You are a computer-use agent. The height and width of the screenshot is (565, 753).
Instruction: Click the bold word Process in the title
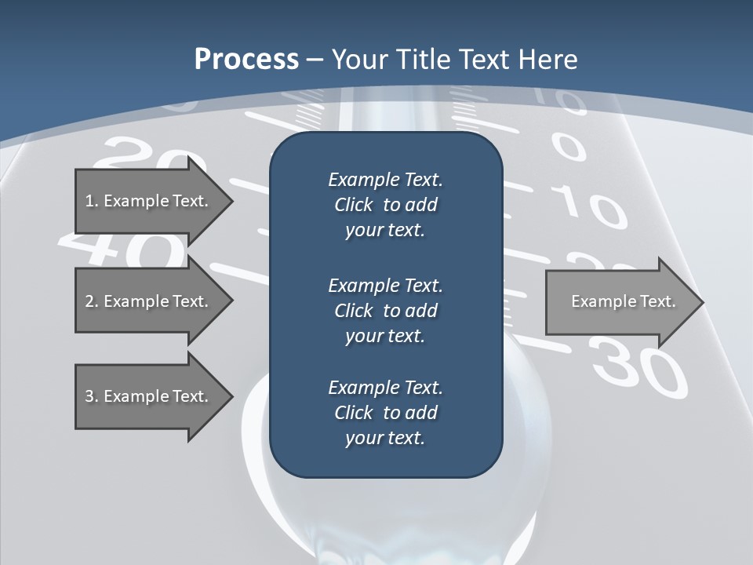tap(246, 60)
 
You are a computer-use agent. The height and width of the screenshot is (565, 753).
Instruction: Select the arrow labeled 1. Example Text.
tap(149, 201)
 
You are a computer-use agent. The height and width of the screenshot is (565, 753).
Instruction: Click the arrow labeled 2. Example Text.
tap(149, 301)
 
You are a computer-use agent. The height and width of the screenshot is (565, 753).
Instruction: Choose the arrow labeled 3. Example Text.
tap(149, 396)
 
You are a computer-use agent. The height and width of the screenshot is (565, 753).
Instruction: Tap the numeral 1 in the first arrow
tap(89, 201)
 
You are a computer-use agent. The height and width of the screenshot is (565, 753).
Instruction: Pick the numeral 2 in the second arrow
tap(89, 301)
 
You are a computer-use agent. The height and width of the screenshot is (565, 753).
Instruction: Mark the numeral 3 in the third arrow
tap(89, 396)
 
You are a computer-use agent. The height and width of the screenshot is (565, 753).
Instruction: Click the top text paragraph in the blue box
tap(385, 205)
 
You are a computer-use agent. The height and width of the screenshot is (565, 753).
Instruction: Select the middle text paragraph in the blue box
tap(385, 310)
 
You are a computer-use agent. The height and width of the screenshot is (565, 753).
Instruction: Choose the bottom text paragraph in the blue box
tap(385, 413)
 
